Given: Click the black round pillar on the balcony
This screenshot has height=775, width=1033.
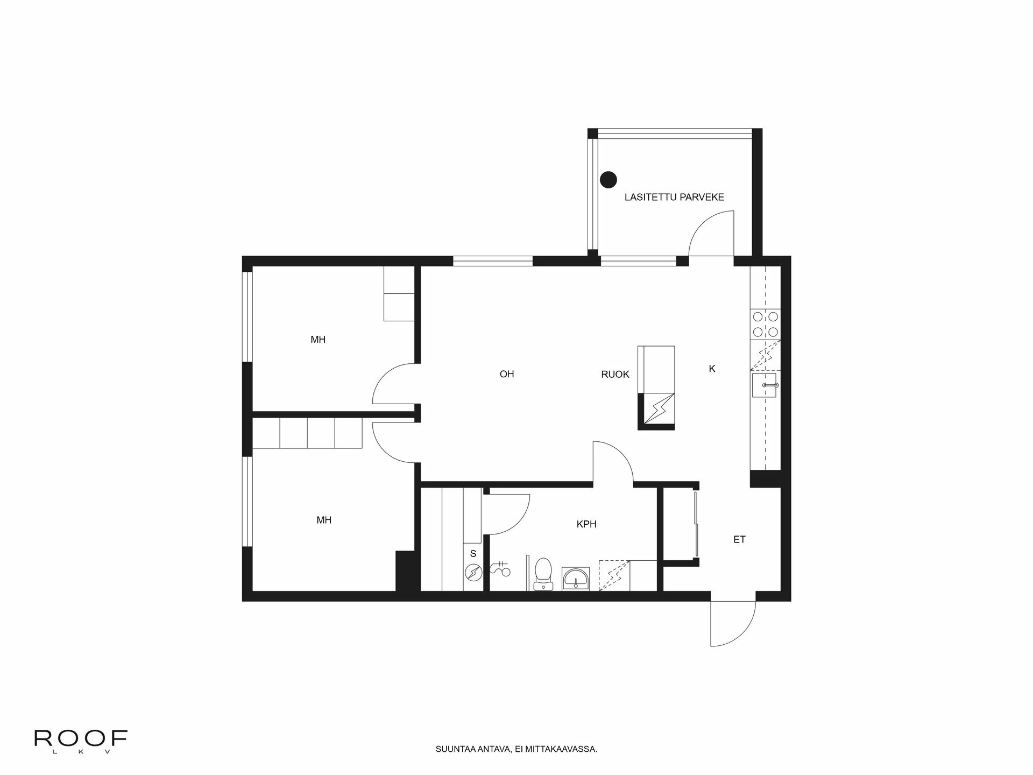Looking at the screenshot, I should (x=609, y=179).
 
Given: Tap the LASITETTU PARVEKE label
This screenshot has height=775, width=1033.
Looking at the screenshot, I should (x=674, y=197).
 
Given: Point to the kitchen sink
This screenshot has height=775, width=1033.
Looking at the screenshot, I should (x=765, y=385).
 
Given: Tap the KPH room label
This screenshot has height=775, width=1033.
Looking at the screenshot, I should (x=586, y=524).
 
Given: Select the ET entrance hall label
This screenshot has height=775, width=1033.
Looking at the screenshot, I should (x=739, y=539).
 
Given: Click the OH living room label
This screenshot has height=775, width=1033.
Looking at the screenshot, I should (x=506, y=374).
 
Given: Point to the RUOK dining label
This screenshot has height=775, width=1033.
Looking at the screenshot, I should (x=615, y=375).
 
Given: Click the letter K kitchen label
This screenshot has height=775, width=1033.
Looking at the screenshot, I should (x=712, y=369).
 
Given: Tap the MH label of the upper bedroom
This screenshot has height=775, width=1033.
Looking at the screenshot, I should (x=317, y=340).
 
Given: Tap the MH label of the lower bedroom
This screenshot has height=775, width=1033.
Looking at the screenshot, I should (x=323, y=520).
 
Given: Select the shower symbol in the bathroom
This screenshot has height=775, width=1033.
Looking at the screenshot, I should (x=501, y=568).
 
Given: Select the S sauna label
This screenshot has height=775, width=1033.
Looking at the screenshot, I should (x=473, y=553).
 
